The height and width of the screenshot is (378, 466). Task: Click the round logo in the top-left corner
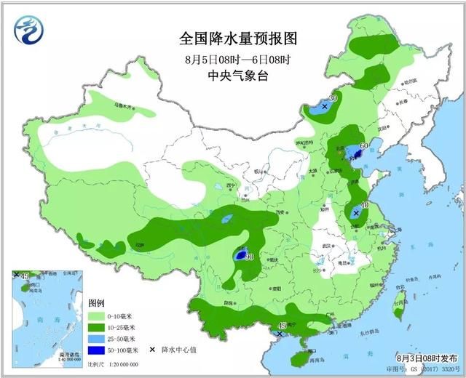pyautogui.click(x=30, y=28)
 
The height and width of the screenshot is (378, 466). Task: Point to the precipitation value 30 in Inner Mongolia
pyautogui.click(x=333, y=98)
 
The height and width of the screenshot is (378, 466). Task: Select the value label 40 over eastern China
pyautogui.click(x=364, y=206)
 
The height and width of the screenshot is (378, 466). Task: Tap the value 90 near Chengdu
pyautogui.click(x=250, y=257)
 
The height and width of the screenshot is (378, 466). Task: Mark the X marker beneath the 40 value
pyautogui.click(x=355, y=214)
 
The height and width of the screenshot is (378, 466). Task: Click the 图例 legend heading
pyautogui.click(x=98, y=302)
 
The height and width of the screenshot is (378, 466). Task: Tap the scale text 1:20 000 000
pyautogui.click(x=117, y=363)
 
